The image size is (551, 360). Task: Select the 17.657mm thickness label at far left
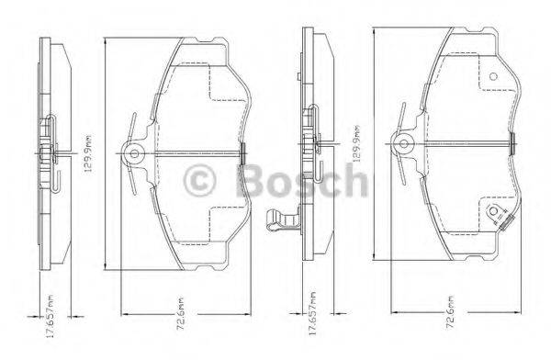[x=31, y=314]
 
